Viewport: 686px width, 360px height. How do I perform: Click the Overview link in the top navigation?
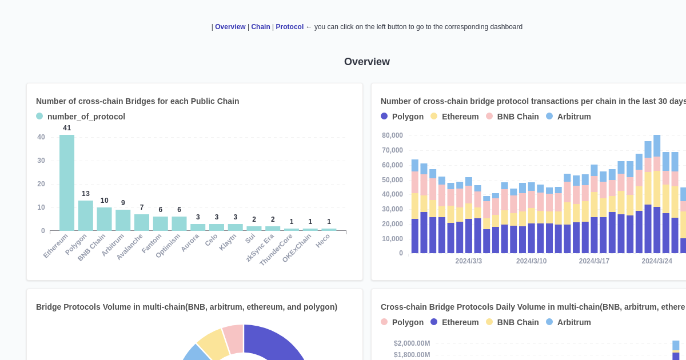(x=230, y=27)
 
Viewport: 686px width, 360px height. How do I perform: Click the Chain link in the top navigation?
(x=261, y=27)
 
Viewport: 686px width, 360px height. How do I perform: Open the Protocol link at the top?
(x=289, y=27)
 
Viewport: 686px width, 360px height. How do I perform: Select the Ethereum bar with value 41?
(x=67, y=183)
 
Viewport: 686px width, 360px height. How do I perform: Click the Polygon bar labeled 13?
(x=86, y=215)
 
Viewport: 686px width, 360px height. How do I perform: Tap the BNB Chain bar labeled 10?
(x=104, y=219)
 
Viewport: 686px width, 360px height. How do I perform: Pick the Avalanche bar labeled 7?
(x=142, y=222)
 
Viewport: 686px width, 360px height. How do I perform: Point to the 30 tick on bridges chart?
(x=41, y=161)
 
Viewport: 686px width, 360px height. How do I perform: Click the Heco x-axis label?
(x=323, y=241)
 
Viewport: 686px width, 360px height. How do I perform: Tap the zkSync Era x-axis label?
(x=260, y=247)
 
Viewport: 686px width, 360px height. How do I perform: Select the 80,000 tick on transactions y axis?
(x=392, y=135)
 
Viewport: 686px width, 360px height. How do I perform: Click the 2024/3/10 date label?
(x=531, y=261)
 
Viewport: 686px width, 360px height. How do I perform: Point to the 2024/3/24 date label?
(x=656, y=261)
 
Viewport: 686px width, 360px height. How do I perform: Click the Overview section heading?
(x=366, y=62)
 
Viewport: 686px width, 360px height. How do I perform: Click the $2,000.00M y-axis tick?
(x=412, y=343)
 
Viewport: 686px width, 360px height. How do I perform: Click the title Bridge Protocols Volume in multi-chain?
(x=186, y=307)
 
